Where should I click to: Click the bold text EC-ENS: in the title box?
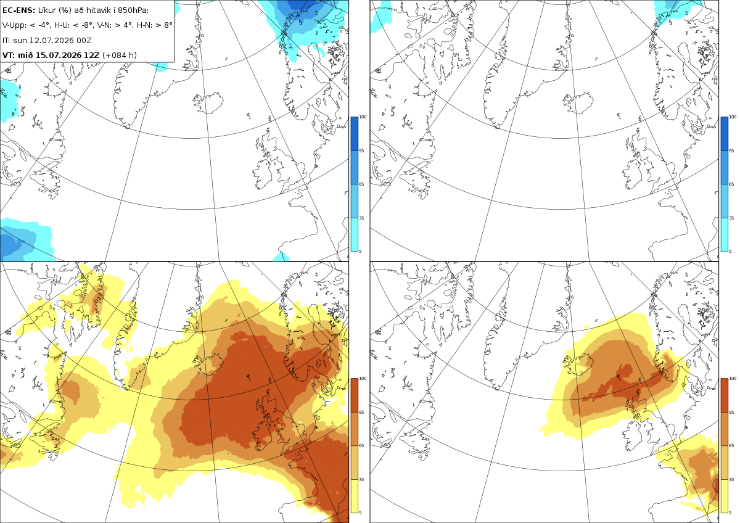coord(18,10)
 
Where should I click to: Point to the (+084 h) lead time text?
coord(120,55)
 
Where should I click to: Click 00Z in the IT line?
coord(85,40)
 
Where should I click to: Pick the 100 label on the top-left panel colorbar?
coord(363,117)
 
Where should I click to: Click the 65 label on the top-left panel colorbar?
coord(361,184)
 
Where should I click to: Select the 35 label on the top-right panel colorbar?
coord(731,218)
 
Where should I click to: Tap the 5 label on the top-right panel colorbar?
coord(730,252)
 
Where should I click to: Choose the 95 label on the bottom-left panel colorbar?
coord(361,413)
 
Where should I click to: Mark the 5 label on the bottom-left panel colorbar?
coord(360,513)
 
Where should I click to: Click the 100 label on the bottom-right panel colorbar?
coord(733,379)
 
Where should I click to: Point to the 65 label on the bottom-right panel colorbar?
coord(731,446)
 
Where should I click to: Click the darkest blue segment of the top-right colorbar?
coord(724,134)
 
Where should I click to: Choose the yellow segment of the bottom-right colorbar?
coord(724,496)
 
